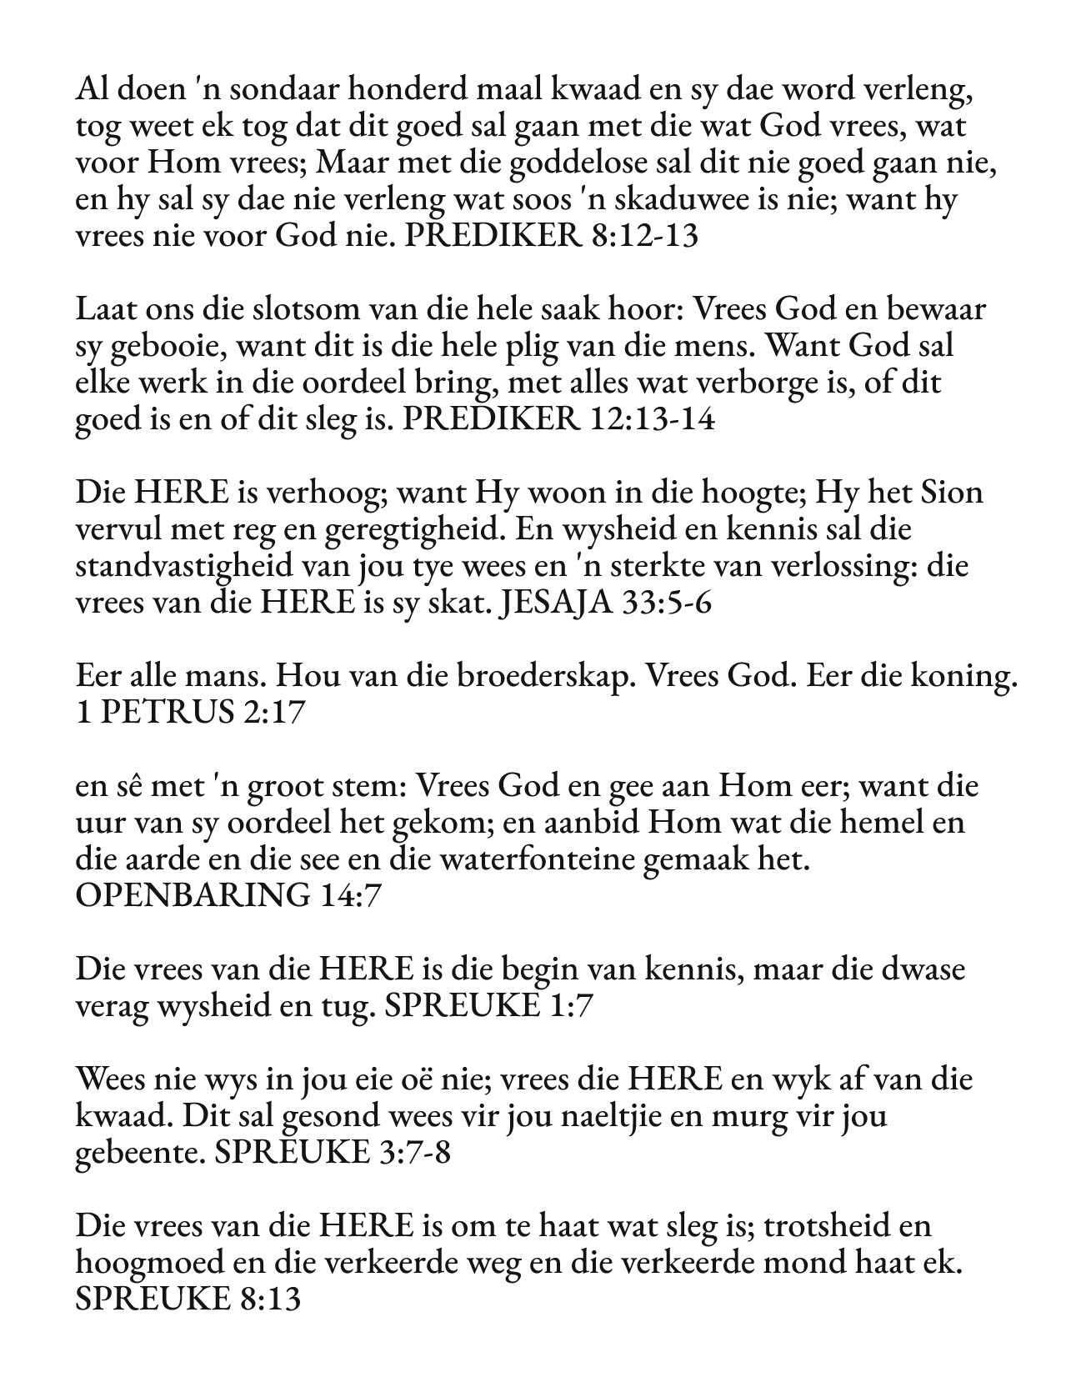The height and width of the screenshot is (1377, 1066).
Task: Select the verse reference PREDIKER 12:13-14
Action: [x=558, y=418]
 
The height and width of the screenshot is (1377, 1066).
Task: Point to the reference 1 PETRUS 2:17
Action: [x=190, y=713]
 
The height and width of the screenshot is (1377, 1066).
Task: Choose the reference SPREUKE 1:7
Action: [x=489, y=1006]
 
